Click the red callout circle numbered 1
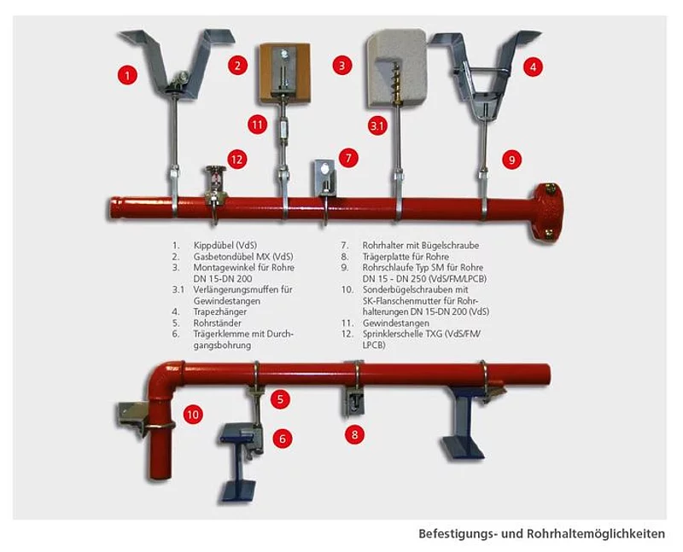pos(127,75)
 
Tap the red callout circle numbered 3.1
pos(377,125)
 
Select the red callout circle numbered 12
pos(236,160)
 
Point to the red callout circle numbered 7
pos(348,158)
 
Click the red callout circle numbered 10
pos(193,415)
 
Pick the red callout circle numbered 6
pos(283,439)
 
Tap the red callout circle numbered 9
pos(511,160)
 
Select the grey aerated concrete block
pos(396,68)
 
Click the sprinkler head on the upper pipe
pos(216,183)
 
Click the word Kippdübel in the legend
pos(215,246)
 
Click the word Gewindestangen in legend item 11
pos(396,323)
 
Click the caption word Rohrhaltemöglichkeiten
pos(596,534)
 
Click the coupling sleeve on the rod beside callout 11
pos(283,129)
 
